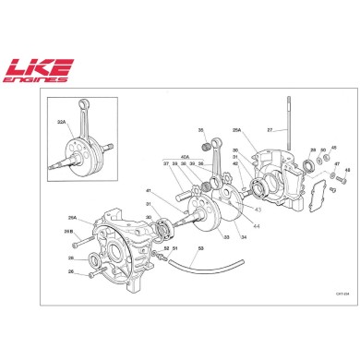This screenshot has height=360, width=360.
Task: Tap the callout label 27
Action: click(270, 130)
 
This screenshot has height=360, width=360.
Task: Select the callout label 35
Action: click(200, 131)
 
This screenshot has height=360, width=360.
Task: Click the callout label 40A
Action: click(186, 157)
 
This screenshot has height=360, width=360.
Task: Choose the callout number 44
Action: click(256, 226)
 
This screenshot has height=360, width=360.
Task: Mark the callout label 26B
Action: click(67, 231)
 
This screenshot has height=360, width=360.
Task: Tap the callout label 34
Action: click(244, 237)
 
